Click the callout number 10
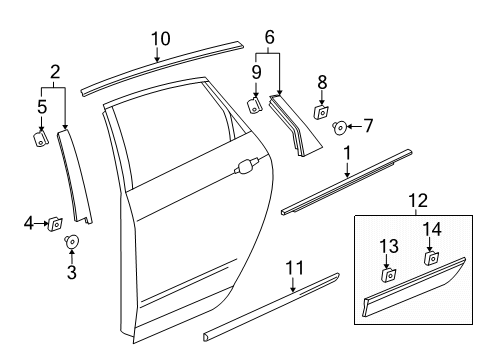click(160, 39)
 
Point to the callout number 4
click(28, 224)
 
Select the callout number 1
click(347, 155)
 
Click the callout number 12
click(412, 202)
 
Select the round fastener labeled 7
click(340, 127)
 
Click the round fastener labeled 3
click(72, 242)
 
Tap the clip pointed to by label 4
click(56, 224)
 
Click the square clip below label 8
click(322, 112)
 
